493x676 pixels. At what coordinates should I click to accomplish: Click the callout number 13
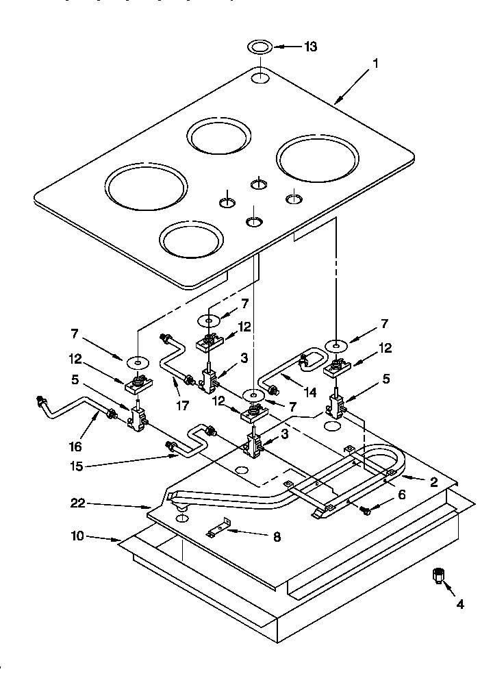[311, 47]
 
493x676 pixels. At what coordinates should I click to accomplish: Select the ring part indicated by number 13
[260, 47]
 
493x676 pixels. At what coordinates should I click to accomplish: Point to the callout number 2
[433, 481]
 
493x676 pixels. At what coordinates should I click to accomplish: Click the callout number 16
[75, 447]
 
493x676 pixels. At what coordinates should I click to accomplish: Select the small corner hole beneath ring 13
[260, 77]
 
